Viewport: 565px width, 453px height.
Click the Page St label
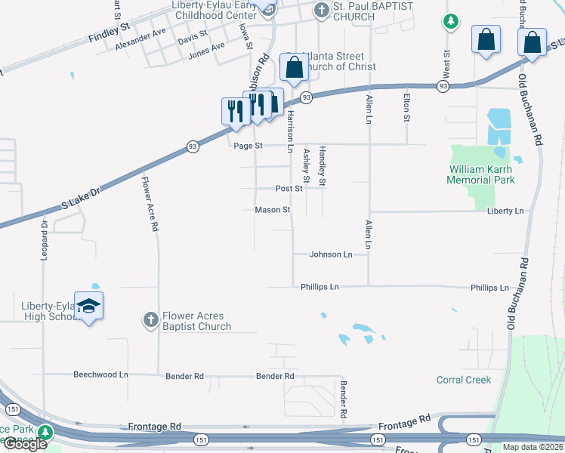(x=247, y=146)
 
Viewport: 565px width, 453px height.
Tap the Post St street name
(x=289, y=189)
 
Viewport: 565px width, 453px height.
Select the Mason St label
(x=272, y=210)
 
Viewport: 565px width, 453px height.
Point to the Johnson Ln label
(x=331, y=255)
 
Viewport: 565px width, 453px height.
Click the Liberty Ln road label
(x=506, y=211)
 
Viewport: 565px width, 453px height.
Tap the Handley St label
(x=322, y=166)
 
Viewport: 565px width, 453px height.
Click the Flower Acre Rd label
(x=154, y=203)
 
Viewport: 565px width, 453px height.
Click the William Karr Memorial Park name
(x=481, y=175)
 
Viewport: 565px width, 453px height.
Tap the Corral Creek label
(x=464, y=380)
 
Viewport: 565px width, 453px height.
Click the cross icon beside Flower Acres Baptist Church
(x=150, y=320)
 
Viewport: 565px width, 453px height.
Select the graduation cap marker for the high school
(x=89, y=306)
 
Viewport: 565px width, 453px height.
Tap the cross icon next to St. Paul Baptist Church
(x=320, y=11)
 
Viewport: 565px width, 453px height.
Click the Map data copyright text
(x=533, y=447)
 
